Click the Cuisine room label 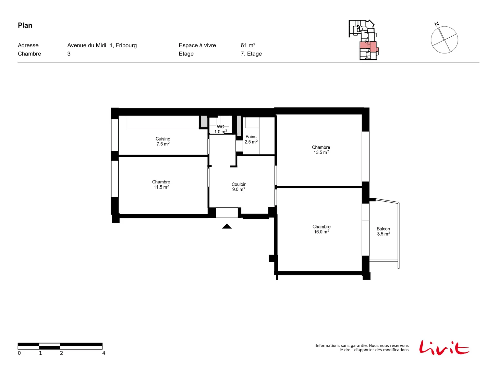tap(162, 139)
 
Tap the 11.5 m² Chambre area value tap(161, 187)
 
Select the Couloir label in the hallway tap(239, 184)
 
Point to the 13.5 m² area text tap(321, 152)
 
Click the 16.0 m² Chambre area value tap(321, 232)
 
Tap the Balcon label tap(383, 229)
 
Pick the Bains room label tap(251, 137)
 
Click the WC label tap(220, 127)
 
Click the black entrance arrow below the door tap(227, 226)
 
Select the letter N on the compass tap(436, 24)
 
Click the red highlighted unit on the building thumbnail tap(368, 47)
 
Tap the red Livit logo tap(444, 348)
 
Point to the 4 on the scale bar tap(104, 353)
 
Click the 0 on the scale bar tap(19, 353)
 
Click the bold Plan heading tap(25, 25)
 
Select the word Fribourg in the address tap(126, 45)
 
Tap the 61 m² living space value tap(248, 45)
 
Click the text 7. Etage tap(251, 54)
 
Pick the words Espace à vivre tap(197, 45)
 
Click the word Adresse tap(28, 45)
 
